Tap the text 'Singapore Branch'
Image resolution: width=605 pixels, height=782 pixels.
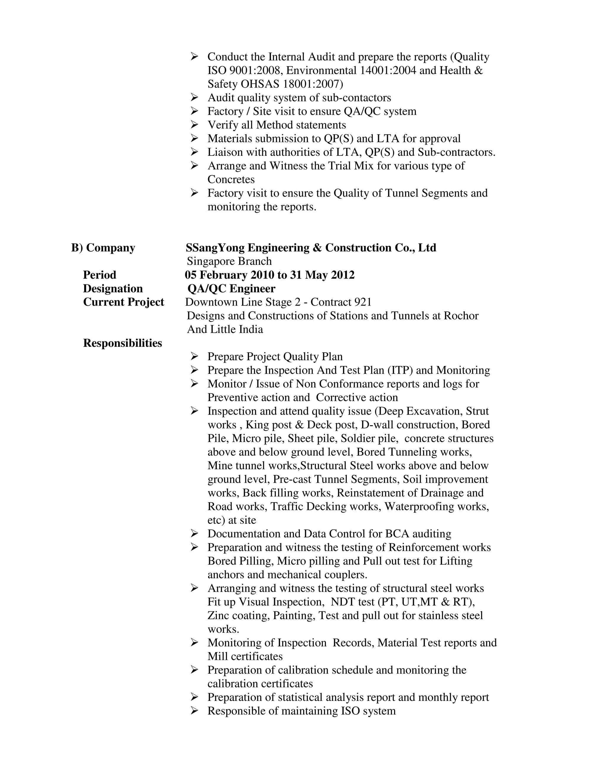tap(229, 261)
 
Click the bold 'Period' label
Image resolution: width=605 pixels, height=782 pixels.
tap(100, 275)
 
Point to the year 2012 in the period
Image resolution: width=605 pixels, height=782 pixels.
tap(343, 275)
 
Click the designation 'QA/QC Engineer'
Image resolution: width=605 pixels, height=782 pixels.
tap(231, 288)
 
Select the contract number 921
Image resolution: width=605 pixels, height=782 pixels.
tap(363, 302)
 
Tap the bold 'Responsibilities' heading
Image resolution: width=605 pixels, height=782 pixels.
tap(123, 343)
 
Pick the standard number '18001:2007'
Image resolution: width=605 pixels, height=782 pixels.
tap(313, 84)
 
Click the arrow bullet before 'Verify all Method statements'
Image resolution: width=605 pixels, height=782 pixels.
tap(194, 125)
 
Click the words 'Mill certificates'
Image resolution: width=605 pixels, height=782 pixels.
tap(245, 656)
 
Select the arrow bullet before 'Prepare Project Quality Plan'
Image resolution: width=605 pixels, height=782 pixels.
tap(194, 356)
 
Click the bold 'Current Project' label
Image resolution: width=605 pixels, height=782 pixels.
tap(123, 302)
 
